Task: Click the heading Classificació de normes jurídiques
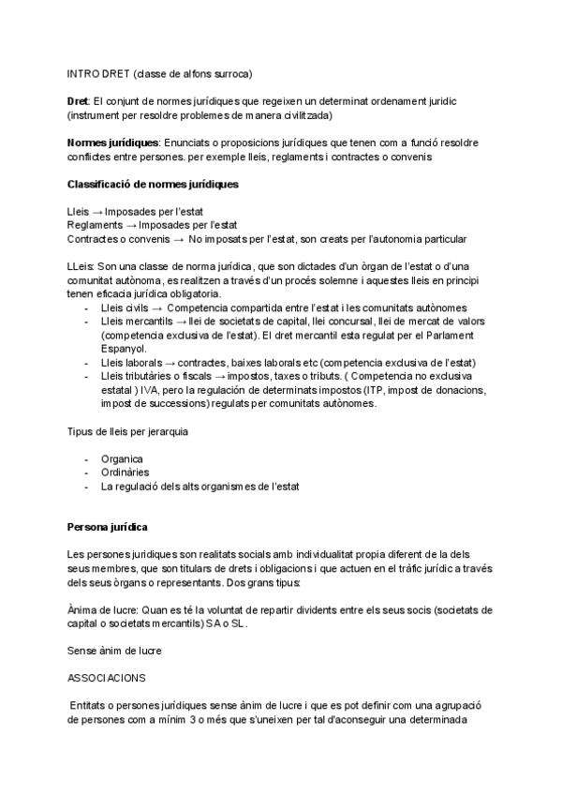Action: pos(153,184)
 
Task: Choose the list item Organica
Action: pos(122,459)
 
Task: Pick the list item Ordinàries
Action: pos(125,472)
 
